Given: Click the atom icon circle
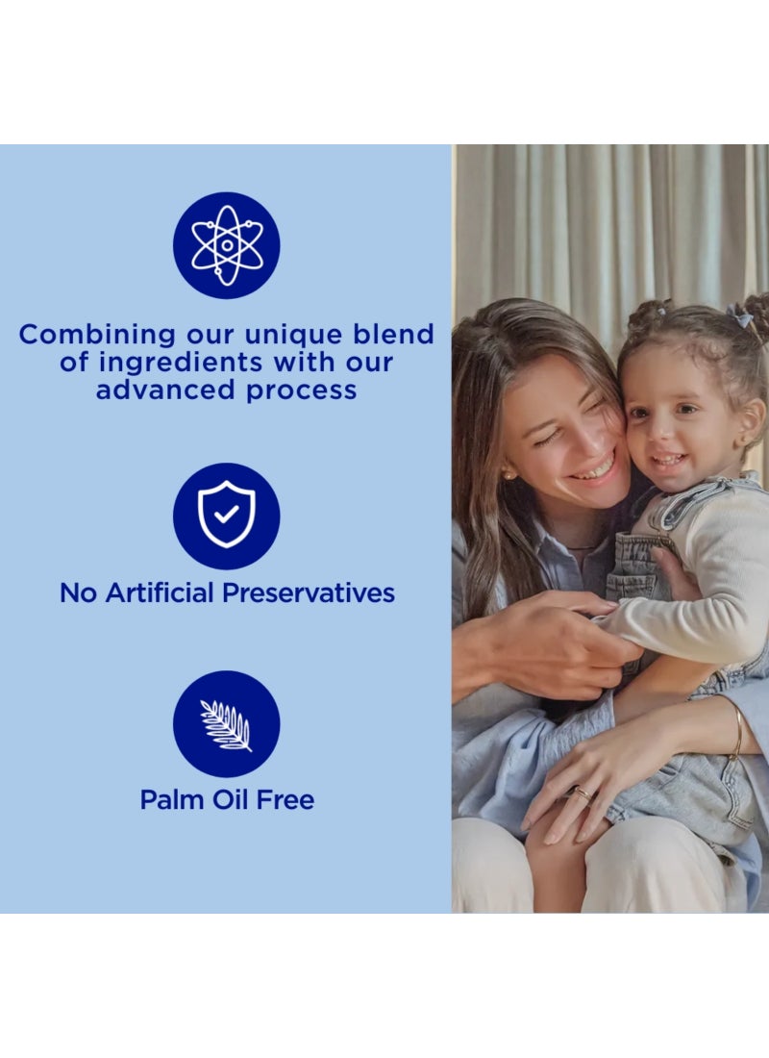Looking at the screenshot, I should coord(226,245).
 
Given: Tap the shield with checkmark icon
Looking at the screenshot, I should coord(226,516).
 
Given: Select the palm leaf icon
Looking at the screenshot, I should coord(226,724).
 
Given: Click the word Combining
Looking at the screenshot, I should coord(98,336).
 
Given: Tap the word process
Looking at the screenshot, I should coord(299,391).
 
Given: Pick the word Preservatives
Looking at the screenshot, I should coord(309,592).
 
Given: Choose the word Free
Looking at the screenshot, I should coord(283,799).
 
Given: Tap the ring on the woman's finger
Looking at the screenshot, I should coord(583,794).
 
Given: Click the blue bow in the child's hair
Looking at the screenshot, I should coord(739,315).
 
